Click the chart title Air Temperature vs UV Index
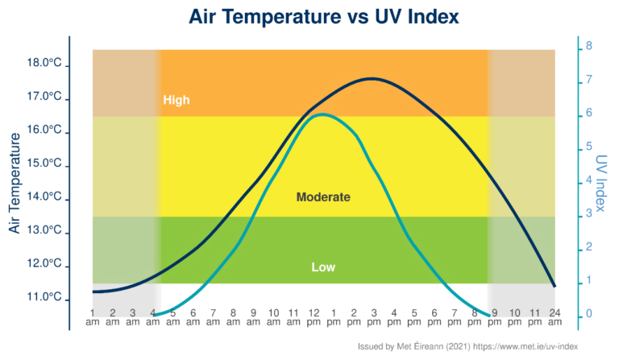[309, 17]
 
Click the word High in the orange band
[176, 101]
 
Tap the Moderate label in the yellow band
[323, 197]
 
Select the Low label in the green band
[323, 267]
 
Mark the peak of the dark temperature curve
[372, 78]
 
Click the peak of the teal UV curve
[322, 114]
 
